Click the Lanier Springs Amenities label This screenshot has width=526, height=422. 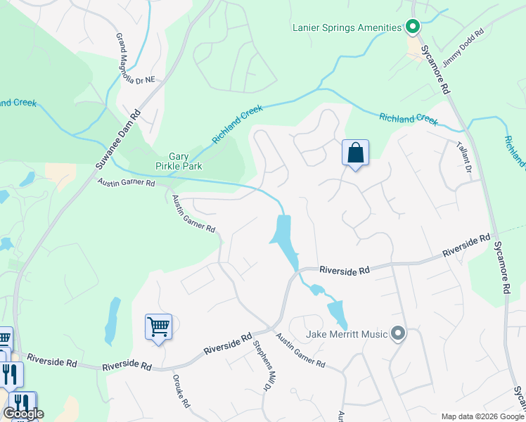pyautogui.click(x=347, y=28)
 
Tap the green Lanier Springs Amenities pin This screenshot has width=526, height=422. pyautogui.click(x=413, y=27)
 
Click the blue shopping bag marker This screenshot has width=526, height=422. pyautogui.click(x=355, y=153)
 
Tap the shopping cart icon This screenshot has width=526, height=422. pyautogui.click(x=158, y=327)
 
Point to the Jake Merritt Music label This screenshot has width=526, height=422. pyautogui.click(x=347, y=334)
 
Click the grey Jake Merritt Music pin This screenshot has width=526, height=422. pyautogui.click(x=398, y=333)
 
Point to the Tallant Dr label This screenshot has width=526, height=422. pyautogui.click(x=464, y=155)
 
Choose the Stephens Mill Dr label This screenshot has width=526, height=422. pyautogui.click(x=262, y=366)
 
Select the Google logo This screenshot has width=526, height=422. pyautogui.click(x=23, y=414)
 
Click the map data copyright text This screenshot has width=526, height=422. pyautogui.click(x=482, y=416)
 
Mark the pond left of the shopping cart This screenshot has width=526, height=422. pyautogui.click(x=112, y=321)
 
